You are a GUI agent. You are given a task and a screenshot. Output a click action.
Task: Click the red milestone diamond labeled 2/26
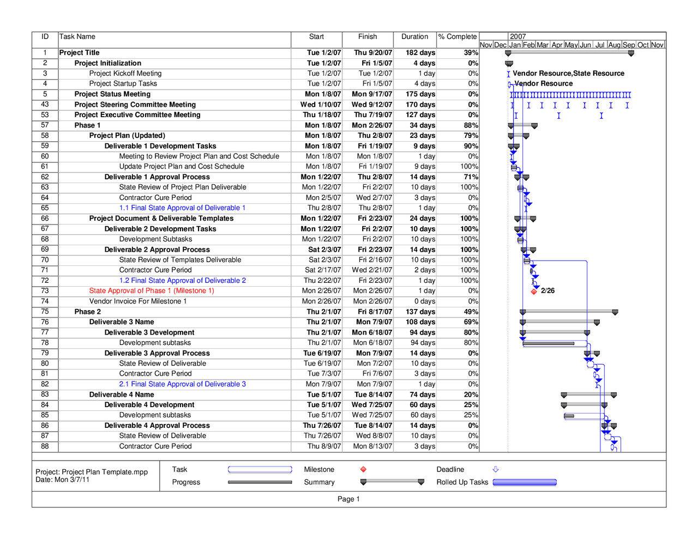pyautogui.click(x=534, y=291)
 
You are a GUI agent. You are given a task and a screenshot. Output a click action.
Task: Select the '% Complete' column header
pyautogui.click(x=458, y=37)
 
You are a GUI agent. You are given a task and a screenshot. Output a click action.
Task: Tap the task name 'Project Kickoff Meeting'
pyautogui.click(x=125, y=74)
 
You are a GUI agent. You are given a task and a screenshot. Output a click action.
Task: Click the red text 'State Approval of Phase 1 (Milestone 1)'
pyautogui.click(x=152, y=291)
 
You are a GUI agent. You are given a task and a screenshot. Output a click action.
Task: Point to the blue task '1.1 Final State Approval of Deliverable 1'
pyautogui.click(x=182, y=208)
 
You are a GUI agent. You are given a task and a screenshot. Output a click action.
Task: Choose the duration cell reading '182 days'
pyautogui.click(x=420, y=53)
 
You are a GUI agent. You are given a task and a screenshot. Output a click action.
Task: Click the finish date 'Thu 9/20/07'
pyautogui.click(x=373, y=53)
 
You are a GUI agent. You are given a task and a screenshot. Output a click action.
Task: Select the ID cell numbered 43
pyautogui.click(x=45, y=105)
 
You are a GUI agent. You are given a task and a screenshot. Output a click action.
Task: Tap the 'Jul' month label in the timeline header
pyautogui.click(x=600, y=45)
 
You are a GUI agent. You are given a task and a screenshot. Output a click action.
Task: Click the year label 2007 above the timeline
pyautogui.click(x=518, y=37)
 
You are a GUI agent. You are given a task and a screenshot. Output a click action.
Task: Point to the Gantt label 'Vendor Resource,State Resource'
pyautogui.click(x=569, y=74)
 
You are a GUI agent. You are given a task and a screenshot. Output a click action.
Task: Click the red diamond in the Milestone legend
pyautogui.click(x=363, y=470)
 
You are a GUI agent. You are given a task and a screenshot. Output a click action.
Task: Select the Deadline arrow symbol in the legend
pyautogui.click(x=496, y=469)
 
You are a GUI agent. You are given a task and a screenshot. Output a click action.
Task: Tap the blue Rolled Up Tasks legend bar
pyautogui.click(x=525, y=482)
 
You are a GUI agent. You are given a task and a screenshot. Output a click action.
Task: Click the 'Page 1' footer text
pyautogui.click(x=348, y=499)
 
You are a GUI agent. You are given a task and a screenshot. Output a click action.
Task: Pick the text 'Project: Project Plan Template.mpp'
pyautogui.click(x=92, y=472)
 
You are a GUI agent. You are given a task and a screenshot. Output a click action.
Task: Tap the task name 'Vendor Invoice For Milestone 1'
pyautogui.click(x=138, y=301)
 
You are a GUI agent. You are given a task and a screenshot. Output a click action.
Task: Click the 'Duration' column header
pyautogui.click(x=414, y=37)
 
